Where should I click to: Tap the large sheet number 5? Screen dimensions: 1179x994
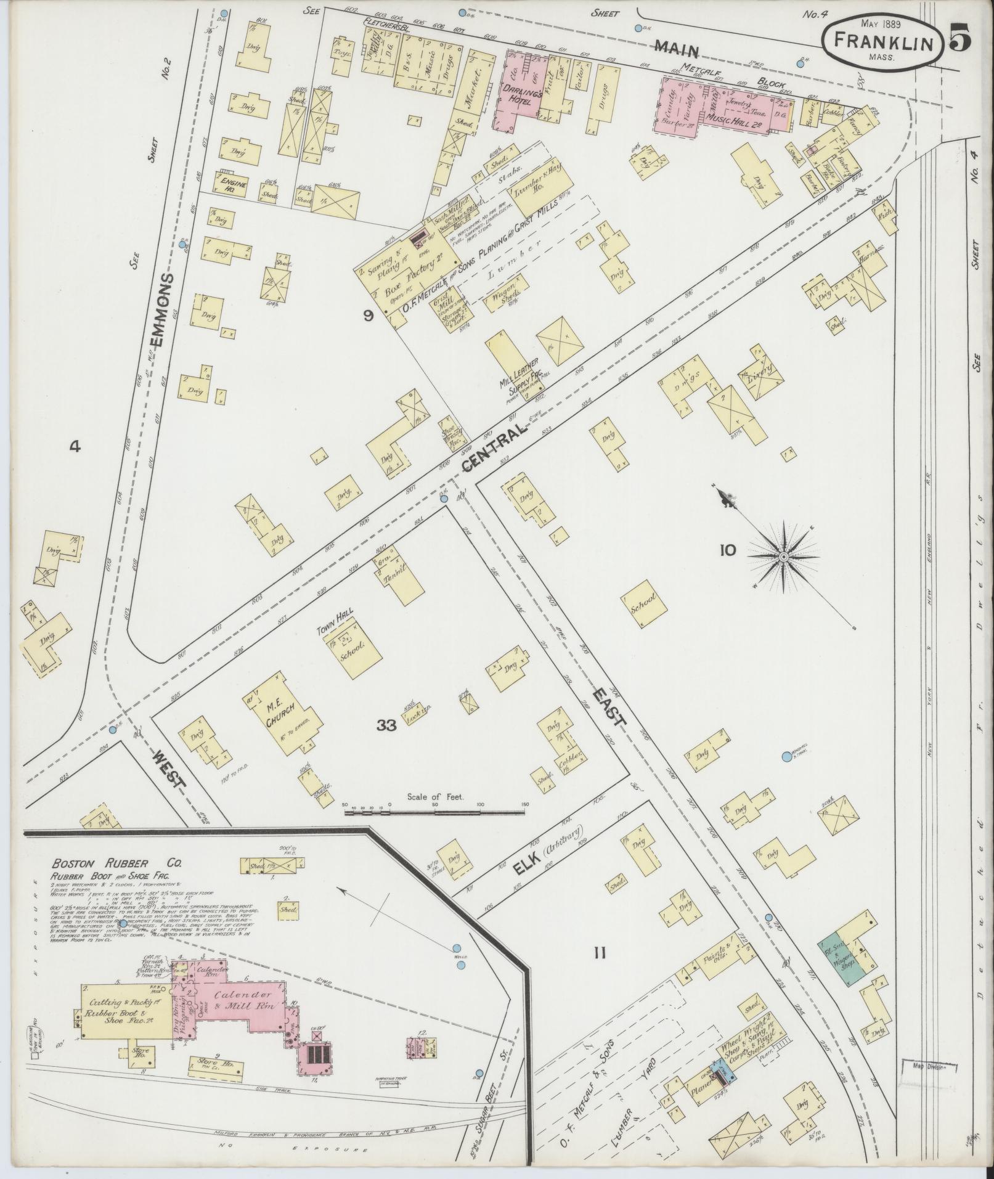coord(959,37)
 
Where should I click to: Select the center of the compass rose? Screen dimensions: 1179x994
coord(783,557)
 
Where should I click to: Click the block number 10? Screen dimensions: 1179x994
coord(727,550)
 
